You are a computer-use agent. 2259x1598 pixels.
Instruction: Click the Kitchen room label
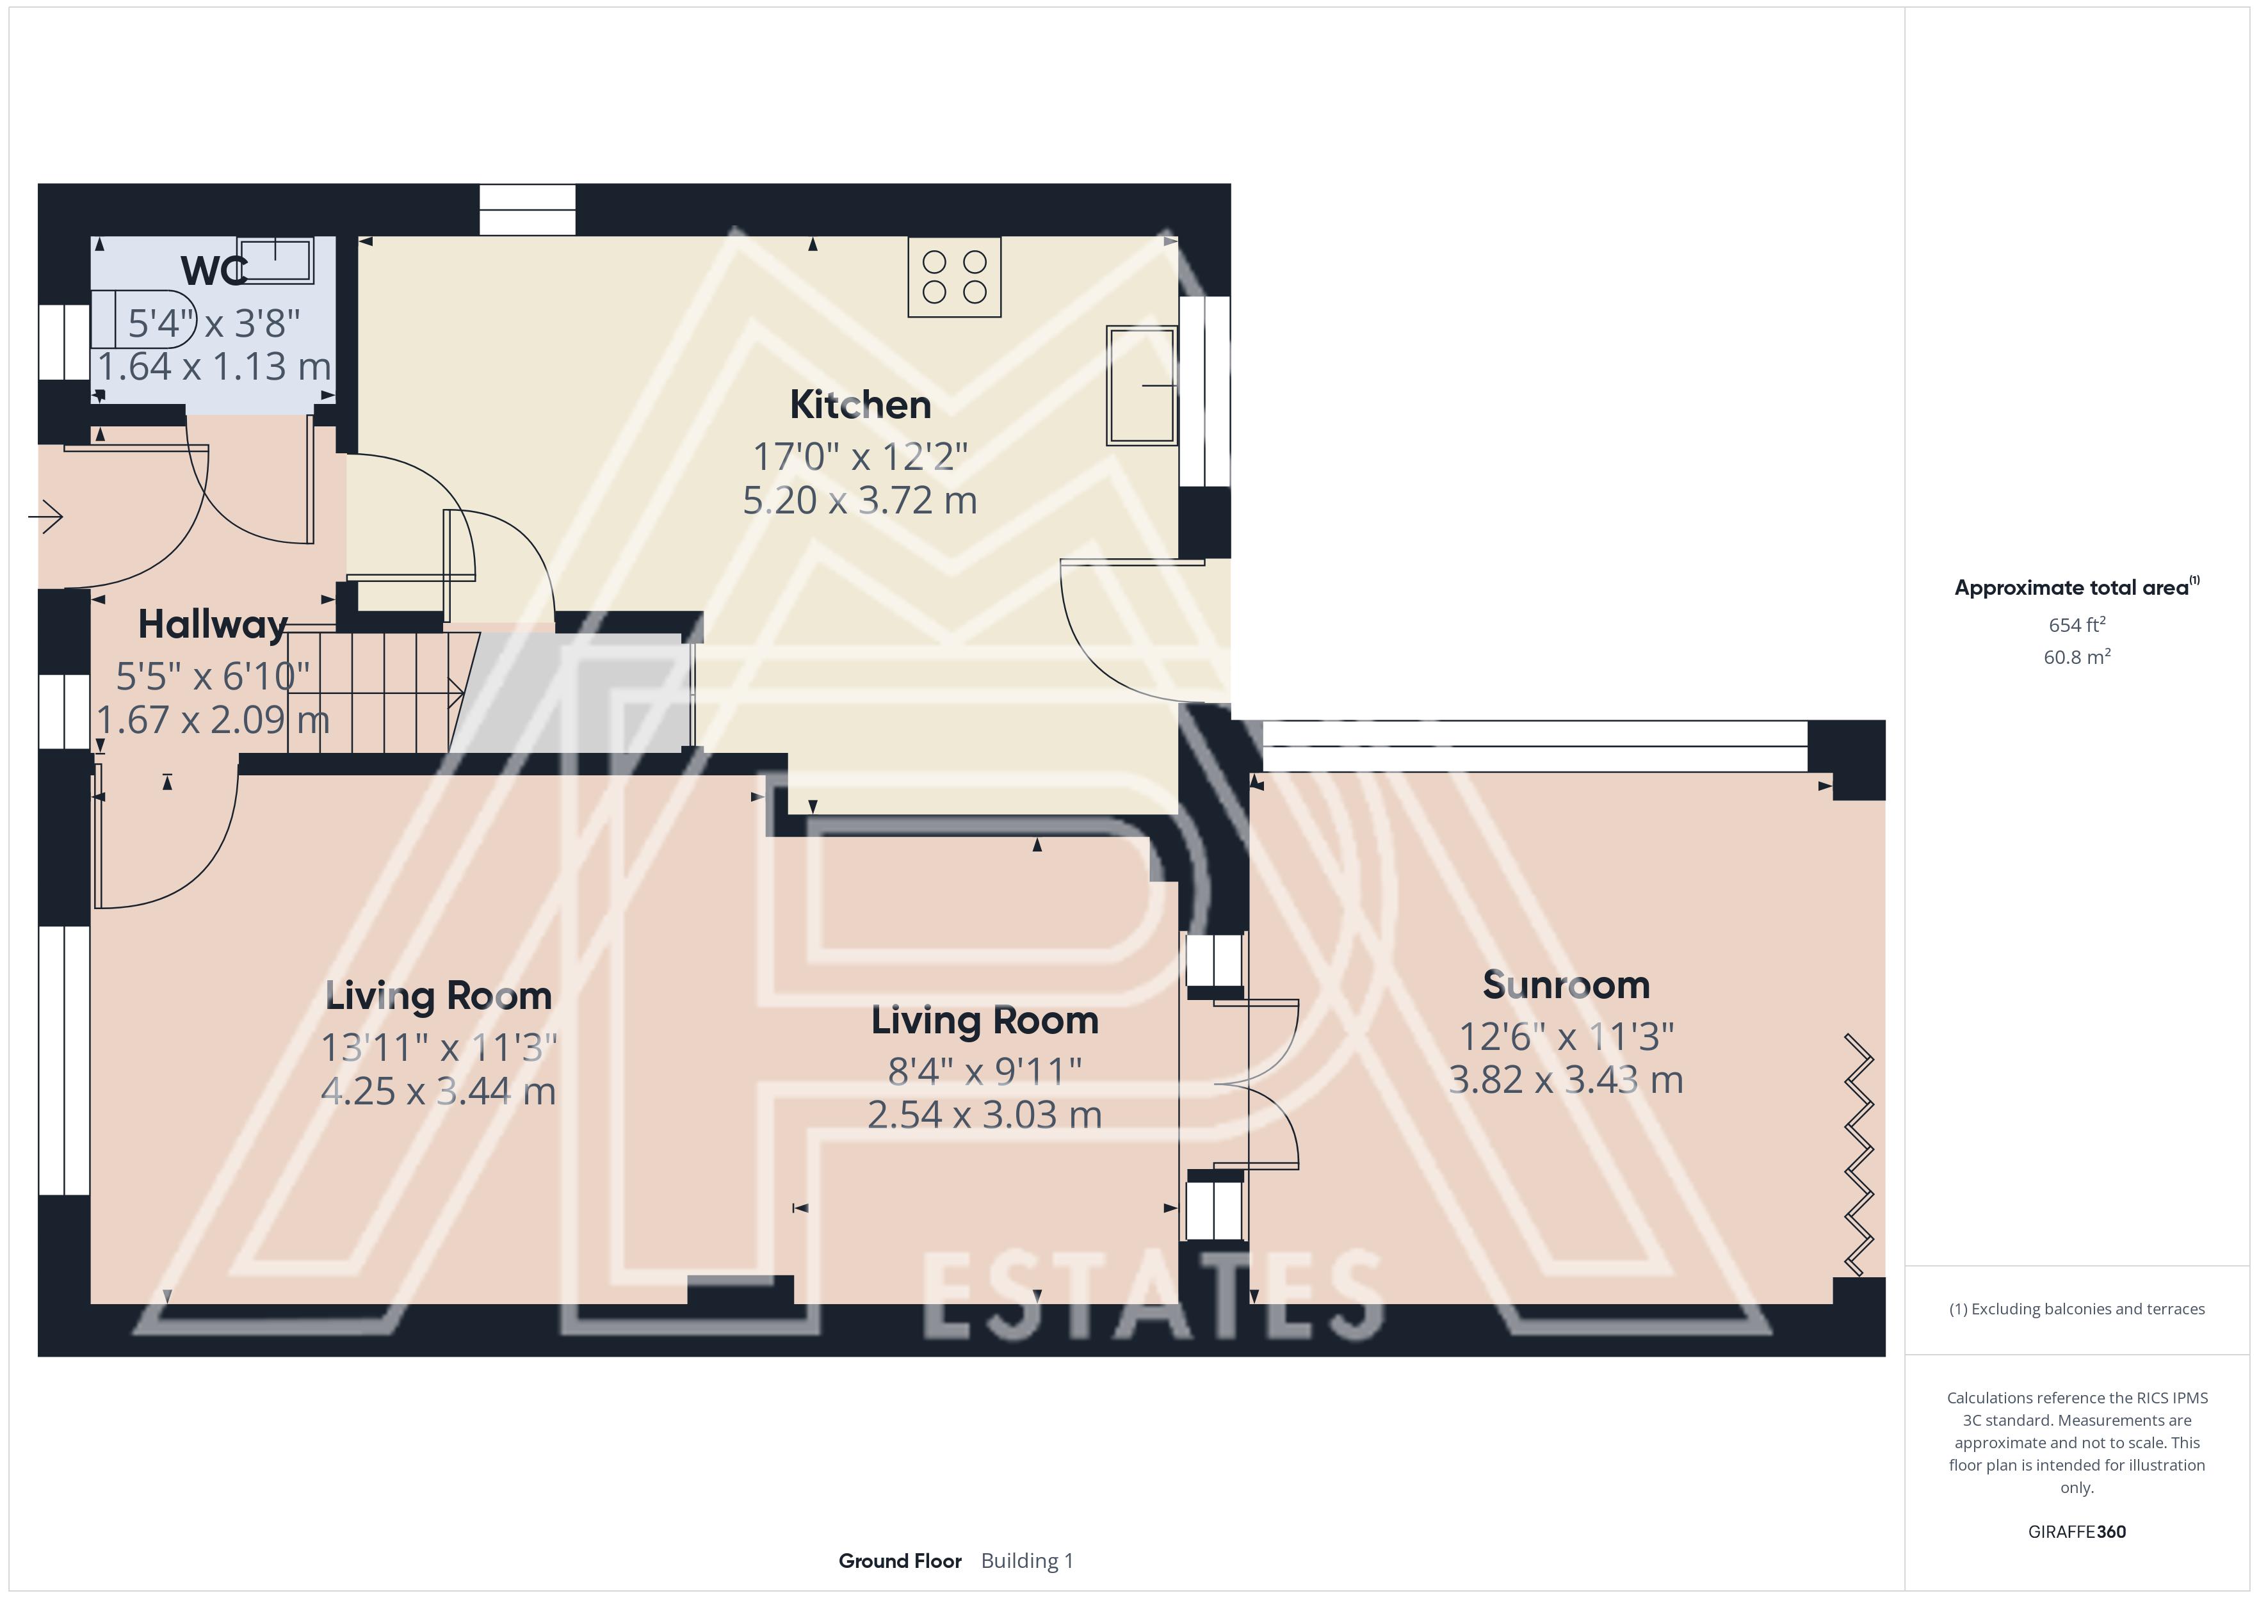click(860, 405)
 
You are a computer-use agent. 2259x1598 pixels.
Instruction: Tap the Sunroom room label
click(1566, 985)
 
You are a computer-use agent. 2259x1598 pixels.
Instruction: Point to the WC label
click(213, 271)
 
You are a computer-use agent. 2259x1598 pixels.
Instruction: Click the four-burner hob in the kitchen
click(954, 277)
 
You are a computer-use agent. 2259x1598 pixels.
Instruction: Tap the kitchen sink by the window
click(1141, 385)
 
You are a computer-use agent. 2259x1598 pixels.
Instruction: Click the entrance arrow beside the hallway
click(46, 515)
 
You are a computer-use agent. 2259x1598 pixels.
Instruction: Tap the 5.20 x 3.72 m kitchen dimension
click(860, 501)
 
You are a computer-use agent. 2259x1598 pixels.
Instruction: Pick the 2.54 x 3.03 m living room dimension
click(985, 1115)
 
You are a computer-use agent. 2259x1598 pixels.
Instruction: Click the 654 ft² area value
click(2077, 625)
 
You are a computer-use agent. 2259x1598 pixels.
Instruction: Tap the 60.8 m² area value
click(2077, 656)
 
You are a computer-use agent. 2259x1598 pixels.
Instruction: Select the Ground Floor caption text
click(900, 1561)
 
